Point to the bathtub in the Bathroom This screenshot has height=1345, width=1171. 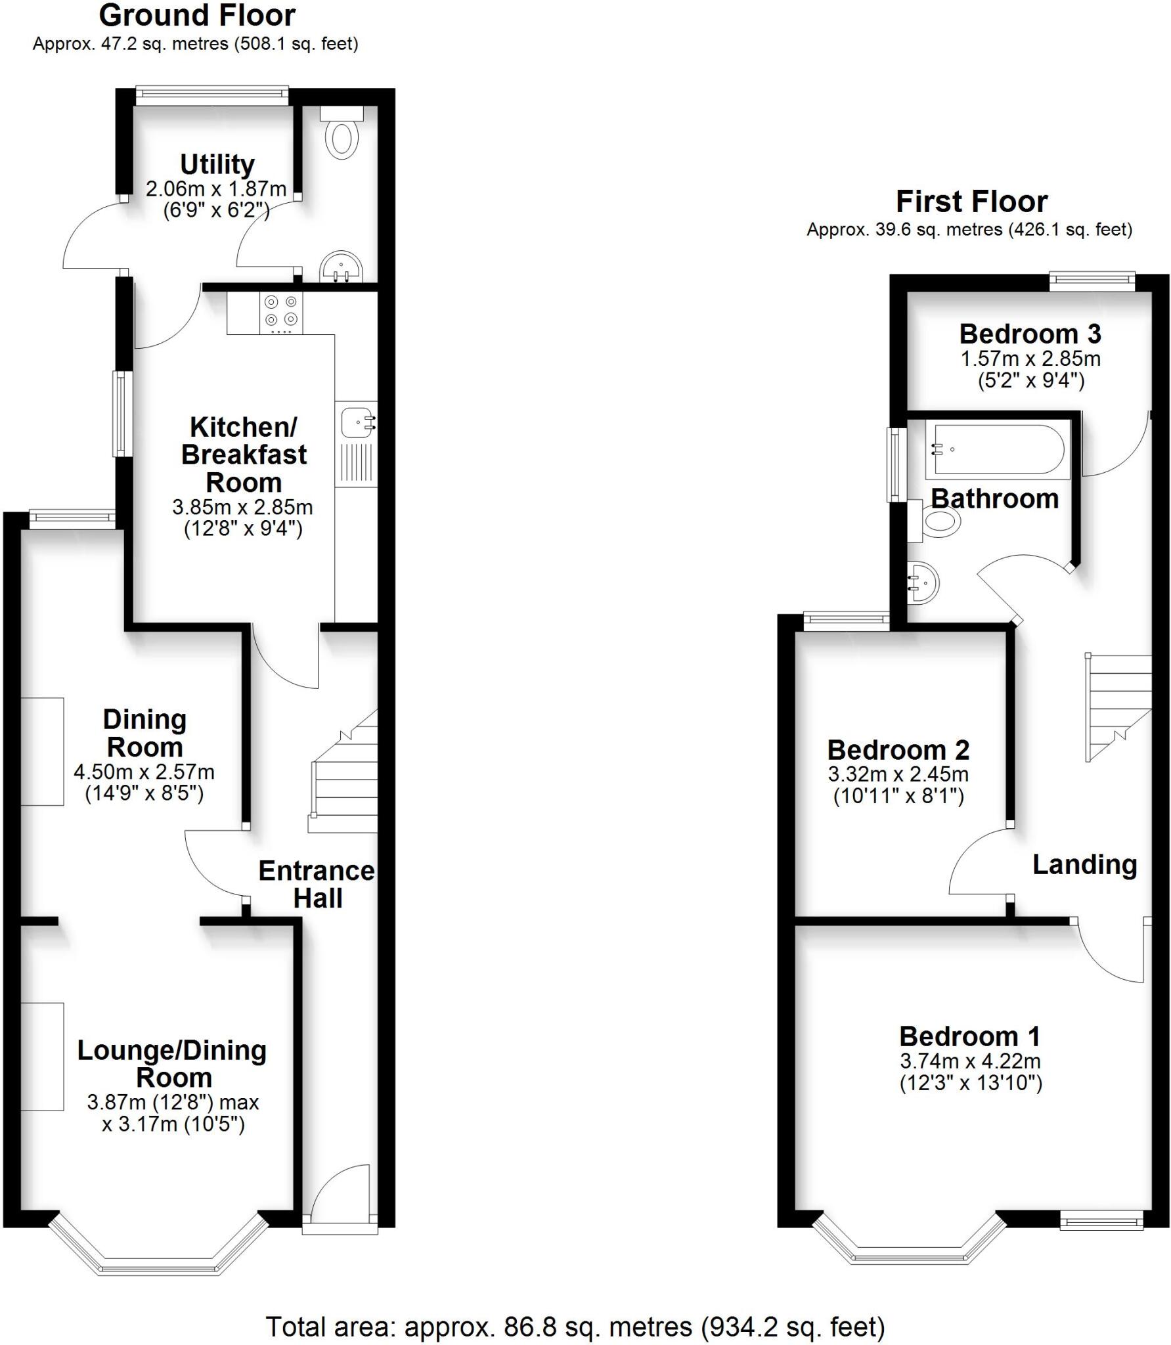997,450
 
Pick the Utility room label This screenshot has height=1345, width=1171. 217,164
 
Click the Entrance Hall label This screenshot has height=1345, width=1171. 317,884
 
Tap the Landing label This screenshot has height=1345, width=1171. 1084,864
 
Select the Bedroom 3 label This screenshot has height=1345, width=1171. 1029,334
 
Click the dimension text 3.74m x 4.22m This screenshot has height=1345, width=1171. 970,1061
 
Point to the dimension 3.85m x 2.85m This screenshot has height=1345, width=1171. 242,507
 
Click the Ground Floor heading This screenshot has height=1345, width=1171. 197,16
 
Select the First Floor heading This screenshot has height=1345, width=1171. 971,202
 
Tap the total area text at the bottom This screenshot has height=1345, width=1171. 575,1327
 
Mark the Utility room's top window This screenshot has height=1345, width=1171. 212,95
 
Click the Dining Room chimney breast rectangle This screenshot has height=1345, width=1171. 42,751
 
